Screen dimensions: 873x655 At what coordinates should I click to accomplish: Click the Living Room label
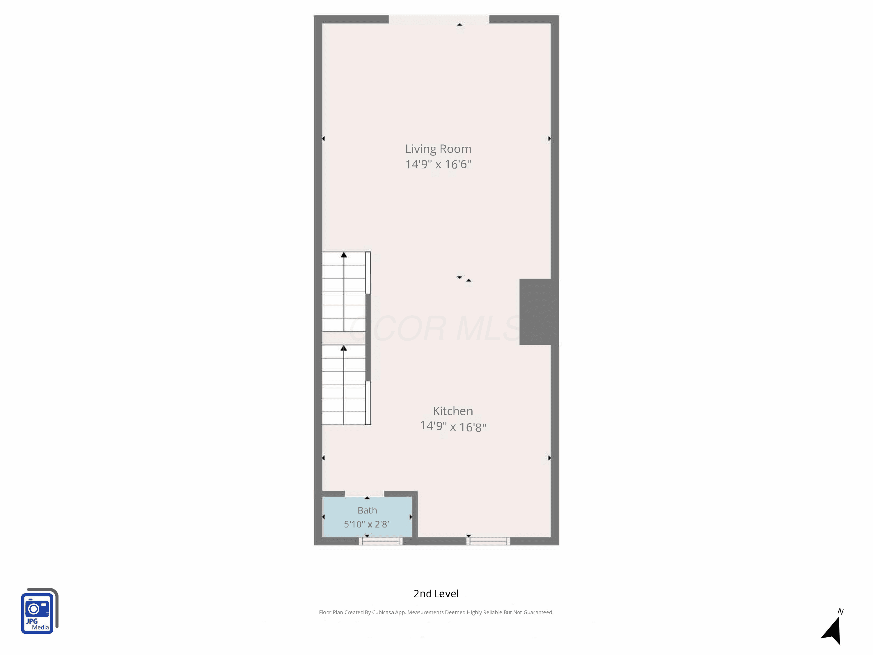point(438,149)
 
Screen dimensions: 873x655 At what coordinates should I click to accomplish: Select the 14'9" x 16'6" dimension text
point(438,164)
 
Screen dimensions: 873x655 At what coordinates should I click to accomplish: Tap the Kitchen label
point(453,411)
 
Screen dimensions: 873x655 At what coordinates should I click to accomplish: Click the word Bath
point(367,510)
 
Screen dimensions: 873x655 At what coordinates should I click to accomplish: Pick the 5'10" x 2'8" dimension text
point(367,524)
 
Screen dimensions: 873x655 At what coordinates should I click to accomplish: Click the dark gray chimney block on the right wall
point(539,311)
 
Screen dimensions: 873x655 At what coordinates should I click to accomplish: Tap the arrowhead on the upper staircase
point(344,255)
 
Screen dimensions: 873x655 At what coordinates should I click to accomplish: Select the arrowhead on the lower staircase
point(344,348)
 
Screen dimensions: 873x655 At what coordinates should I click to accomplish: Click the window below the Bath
point(381,541)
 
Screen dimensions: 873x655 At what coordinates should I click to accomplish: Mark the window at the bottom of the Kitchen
point(488,541)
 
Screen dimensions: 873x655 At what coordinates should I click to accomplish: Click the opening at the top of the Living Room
point(439,19)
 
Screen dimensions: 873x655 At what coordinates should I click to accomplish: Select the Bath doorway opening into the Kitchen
point(365,494)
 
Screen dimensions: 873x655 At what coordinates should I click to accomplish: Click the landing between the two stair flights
point(344,338)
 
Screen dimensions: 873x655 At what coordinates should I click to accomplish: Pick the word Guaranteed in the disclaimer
point(538,612)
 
